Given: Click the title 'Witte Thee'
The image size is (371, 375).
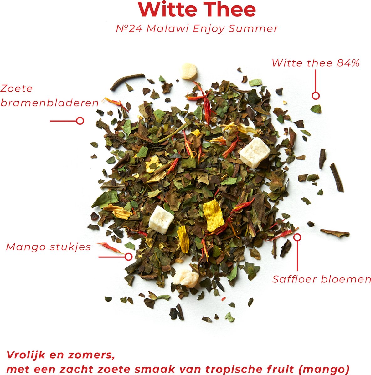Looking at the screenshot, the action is coord(197,10).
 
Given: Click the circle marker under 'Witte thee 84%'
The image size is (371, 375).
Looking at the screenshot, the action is coord(315,96).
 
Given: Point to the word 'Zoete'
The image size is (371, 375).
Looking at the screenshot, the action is coord(16,88).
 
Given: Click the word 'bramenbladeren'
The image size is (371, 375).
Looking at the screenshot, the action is coord(49,103).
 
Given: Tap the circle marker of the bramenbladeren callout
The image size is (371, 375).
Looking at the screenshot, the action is coord(80,121).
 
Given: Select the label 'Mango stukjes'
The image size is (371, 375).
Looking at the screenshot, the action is coord(49,247).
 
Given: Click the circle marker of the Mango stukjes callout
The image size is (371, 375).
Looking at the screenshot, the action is coord(128,257).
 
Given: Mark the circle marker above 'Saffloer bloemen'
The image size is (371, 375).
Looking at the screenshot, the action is coord(297,237).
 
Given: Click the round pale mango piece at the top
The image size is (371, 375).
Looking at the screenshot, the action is coord(188,71).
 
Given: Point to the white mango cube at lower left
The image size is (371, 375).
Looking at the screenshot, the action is coord(161,220).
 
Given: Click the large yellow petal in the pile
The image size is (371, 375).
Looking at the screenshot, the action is coord(213,216).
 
